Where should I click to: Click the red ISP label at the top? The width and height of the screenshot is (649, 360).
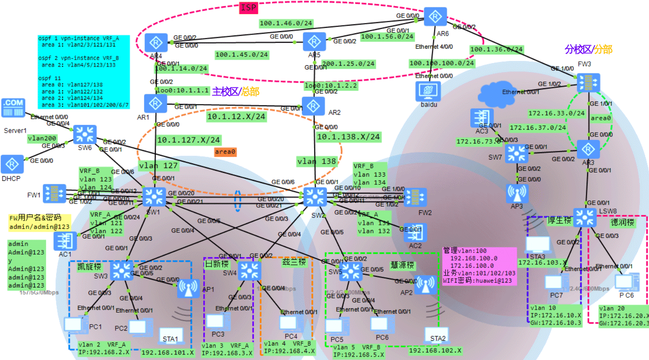[249, 8]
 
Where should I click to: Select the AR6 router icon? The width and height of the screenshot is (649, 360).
[435, 17]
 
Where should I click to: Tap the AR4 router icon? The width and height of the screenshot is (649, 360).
[156, 43]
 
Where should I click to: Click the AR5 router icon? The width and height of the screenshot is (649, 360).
[314, 42]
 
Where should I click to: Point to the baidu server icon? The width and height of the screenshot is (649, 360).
[428, 90]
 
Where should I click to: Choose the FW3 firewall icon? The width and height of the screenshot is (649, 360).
[588, 82]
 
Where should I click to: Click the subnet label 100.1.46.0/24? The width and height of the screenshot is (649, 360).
[286, 23]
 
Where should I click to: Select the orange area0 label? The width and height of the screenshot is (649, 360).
[225, 152]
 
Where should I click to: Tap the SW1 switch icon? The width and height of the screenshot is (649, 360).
[154, 197]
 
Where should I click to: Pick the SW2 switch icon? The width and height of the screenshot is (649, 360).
[315, 197]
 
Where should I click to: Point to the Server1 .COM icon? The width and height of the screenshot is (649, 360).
[13, 108]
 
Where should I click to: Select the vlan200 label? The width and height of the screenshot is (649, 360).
[42, 138]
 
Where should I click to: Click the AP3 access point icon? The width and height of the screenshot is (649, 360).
[517, 193]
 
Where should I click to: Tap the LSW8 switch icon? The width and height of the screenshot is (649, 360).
[585, 218]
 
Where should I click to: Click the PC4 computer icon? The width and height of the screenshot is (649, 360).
[289, 323]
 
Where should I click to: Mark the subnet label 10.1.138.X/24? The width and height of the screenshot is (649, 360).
[348, 137]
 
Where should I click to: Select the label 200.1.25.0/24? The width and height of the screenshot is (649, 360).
[348, 64]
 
